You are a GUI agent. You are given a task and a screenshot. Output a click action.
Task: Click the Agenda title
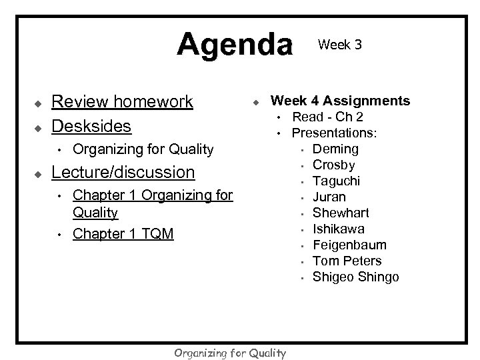click(235, 45)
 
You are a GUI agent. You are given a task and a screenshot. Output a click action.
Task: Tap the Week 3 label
click(340, 45)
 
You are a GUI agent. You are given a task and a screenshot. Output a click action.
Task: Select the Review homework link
click(122, 101)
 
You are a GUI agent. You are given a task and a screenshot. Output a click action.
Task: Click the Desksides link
click(92, 125)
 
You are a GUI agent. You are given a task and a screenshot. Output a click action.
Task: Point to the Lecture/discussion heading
click(123, 173)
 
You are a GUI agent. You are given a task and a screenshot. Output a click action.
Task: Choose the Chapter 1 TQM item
click(123, 233)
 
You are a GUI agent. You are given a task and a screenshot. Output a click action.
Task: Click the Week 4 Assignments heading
click(340, 101)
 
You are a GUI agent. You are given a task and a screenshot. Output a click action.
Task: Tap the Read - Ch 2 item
click(329, 117)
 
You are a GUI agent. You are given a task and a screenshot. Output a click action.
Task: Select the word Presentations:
click(335, 133)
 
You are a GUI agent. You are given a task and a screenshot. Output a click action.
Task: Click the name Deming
click(335, 149)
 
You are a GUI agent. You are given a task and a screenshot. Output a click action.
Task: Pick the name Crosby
click(333, 165)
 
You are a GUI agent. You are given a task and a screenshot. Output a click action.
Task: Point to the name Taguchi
click(337, 181)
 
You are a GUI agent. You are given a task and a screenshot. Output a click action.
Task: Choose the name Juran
click(329, 197)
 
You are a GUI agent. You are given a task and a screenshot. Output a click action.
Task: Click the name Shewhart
click(341, 213)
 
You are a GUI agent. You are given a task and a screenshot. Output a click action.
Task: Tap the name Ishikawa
click(339, 229)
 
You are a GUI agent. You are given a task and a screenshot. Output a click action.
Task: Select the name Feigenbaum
click(349, 245)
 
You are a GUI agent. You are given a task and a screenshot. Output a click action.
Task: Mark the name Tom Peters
click(347, 261)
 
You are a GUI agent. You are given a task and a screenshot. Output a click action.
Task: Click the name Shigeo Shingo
click(356, 277)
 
